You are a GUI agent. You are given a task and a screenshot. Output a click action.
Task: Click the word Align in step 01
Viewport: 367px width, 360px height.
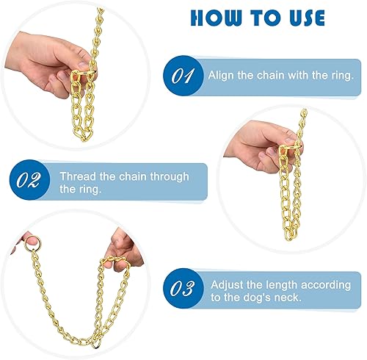coord(221,75)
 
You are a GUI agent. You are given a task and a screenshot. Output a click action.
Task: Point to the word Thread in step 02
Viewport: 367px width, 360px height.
coord(76,176)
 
